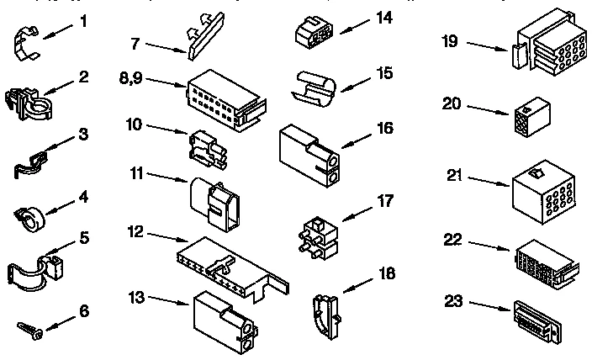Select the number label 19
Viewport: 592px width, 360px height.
(451, 40)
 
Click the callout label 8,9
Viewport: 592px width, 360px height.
(136, 79)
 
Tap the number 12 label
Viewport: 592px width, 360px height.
(136, 231)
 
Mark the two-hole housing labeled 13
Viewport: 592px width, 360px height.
(222, 319)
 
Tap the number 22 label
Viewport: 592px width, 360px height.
(452, 240)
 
